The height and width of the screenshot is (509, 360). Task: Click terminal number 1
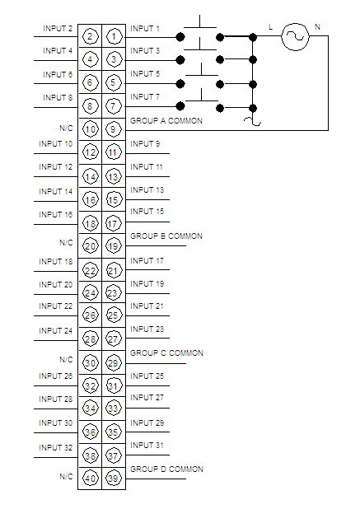coord(114,37)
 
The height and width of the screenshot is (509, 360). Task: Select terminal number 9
coord(113,129)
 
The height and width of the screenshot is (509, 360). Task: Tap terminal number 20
coord(91,246)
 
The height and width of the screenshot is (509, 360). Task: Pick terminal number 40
coord(91,479)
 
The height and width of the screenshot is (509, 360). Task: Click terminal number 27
coord(113,339)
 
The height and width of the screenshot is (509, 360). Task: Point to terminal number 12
coord(91,152)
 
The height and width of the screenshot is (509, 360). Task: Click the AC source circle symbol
coord(295,37)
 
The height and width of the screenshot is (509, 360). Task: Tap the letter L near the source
coord(270,27)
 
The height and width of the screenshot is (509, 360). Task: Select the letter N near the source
coord(317,27)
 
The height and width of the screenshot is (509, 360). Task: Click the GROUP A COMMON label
coord(166,121)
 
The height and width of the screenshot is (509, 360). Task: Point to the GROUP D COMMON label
coord(166,469)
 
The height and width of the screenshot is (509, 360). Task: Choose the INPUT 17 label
coord(147,260)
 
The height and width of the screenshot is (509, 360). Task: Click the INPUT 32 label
coord(55,448)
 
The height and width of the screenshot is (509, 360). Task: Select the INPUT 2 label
coord(58,29)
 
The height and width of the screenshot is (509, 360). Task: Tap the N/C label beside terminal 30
coord(66,360)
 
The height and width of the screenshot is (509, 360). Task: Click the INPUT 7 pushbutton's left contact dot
coord(180,106)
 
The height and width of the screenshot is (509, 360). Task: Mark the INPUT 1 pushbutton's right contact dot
coord(220,37)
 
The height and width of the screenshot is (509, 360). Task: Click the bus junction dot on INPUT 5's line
coord(253,84)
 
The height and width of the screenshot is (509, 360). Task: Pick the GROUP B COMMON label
coord(166,236)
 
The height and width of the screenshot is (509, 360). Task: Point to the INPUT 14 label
coord(55,192)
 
